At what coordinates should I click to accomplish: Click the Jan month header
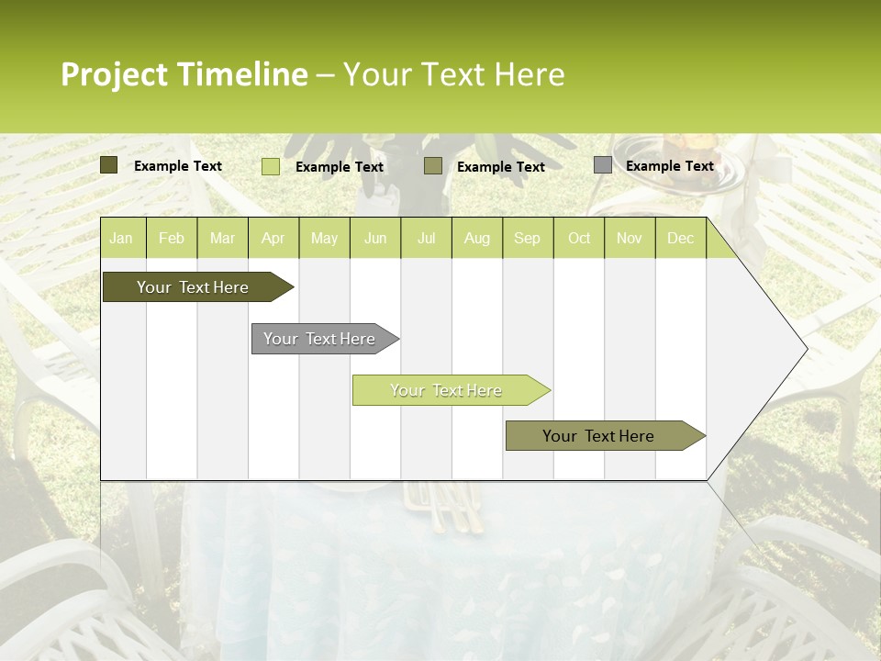(121, 238)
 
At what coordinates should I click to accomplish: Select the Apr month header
(273, 238)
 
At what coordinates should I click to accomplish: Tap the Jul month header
(426, 238)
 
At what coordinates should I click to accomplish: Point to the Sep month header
(527, 238)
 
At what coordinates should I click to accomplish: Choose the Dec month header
(680, 238)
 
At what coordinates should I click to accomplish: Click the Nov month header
(629, 238)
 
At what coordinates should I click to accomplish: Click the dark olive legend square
(109, 165)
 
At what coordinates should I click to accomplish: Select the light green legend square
(271, 166)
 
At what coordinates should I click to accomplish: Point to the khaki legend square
(433, 166)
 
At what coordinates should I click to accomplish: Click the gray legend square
(603, 165)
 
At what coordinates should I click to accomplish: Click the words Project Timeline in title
(184, 74)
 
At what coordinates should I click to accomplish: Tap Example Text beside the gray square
(669, 165)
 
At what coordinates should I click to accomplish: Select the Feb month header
(171, 238)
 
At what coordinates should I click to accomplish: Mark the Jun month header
(375, 238)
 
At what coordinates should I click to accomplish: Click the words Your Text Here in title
(453, 74)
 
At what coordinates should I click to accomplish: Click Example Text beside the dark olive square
(177, 165)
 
